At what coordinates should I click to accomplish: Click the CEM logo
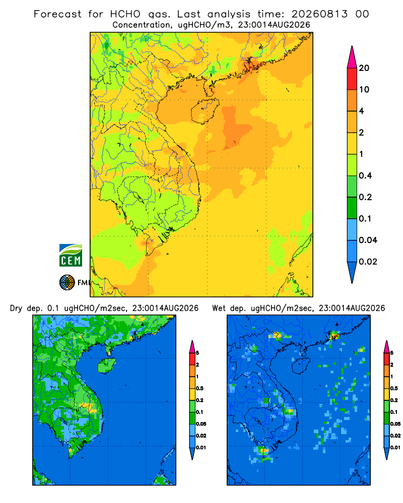click(71, 255)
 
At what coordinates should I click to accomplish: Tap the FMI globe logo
click(67, 283)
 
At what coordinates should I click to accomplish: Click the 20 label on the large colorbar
click(364, 68)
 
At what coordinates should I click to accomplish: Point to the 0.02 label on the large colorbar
click(368, 262)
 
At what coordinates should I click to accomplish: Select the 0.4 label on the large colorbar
click(365, 176)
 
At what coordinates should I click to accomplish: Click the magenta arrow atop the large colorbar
click(352, 57)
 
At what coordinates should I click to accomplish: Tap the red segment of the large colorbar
click(352, 79)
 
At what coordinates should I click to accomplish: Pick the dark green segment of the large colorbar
click(352, 208)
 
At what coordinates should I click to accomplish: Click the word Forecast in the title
click(57, 14)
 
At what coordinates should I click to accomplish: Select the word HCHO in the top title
click(125, 14)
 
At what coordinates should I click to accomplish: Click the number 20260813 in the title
click(319, 14)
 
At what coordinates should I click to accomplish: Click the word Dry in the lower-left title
click(17, 308)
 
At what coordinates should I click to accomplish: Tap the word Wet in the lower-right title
click(219, 308)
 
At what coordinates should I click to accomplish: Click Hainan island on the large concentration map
click(205, 111)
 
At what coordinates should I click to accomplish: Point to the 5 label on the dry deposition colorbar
click(197, 353)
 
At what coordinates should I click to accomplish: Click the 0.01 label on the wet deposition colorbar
click(395, 448)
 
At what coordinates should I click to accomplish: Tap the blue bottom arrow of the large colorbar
click(352, 272)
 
